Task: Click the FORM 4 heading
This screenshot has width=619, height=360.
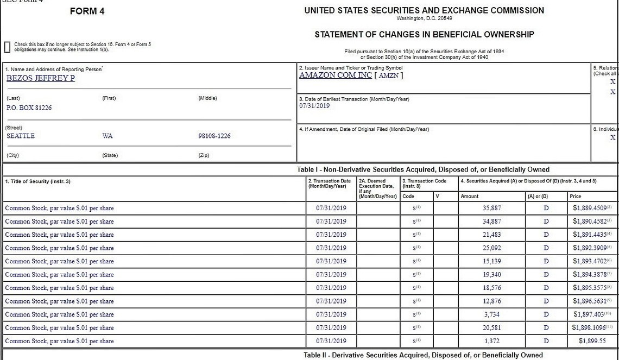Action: point(87,11)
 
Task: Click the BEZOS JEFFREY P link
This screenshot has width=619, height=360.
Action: point(41,78)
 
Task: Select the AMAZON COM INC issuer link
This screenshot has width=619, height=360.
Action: point(335,75)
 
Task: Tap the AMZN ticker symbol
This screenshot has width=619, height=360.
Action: point(388,75)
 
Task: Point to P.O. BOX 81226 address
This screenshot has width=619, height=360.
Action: point(29,108)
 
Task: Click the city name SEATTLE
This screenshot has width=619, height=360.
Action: point(21,136)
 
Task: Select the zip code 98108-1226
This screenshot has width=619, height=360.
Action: point(214,136)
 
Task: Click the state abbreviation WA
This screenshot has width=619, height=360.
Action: point(108,136)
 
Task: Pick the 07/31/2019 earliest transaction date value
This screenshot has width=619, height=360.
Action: point(314,106)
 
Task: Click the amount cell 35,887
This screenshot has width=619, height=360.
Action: point(492,208)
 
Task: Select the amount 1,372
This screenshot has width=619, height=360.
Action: point(492,341)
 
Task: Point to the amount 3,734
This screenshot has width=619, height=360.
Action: point(492,314)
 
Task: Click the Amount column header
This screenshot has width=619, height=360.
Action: point(470,196)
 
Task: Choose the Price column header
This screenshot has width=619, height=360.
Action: point(575,196)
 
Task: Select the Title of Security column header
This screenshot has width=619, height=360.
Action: point(37,181)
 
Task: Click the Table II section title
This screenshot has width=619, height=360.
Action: point(423,355)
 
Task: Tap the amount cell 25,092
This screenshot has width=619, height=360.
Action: point(492,248)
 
